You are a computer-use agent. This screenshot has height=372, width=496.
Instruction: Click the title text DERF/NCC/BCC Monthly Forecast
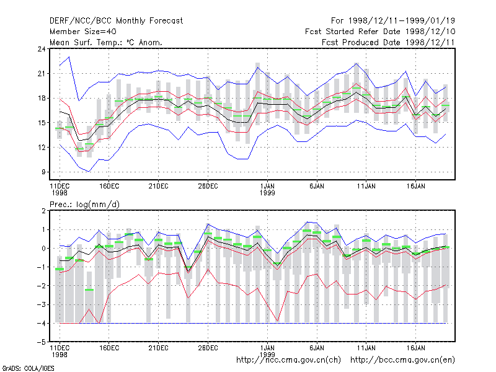[116, 21]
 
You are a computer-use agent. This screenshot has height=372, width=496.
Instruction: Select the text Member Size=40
[83, 32]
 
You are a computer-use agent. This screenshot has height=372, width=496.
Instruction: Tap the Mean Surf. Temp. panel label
[106, 42]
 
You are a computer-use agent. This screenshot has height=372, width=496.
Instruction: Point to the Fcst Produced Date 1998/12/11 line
[389, 42]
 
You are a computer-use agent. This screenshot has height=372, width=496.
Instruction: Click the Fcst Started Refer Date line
[380, 32]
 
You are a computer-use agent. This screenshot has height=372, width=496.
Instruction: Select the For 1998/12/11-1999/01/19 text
[393, 21]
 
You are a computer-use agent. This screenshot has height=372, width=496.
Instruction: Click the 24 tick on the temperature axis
[42, 49]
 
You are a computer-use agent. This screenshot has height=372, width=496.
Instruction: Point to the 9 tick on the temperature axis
[43, 172]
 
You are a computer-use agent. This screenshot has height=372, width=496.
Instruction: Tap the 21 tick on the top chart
[42, 74]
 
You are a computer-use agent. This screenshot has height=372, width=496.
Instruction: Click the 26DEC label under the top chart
[208, 187]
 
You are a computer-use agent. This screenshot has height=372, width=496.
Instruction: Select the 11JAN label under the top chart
[366, 187]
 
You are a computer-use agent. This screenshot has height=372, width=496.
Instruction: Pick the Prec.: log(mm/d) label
[84, 205]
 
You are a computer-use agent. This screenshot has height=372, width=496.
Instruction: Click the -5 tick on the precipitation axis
[42, 342]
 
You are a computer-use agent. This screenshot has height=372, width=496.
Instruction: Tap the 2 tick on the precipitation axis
[43, 211]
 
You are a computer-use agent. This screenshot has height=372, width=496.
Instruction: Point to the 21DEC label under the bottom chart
[159, 348]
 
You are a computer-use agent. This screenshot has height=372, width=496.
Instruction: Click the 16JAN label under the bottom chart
[415, 348]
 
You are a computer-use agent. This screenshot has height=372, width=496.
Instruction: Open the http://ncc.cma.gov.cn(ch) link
[288, 360]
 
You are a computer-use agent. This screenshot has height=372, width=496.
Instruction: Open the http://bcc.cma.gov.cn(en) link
[402, 360]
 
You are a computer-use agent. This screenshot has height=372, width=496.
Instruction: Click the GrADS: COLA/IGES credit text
[28, 368]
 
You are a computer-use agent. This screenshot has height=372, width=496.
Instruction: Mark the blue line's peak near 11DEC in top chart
[69, 57]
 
